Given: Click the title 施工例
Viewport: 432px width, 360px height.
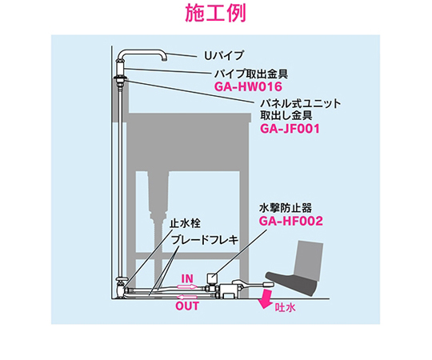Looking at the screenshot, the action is tap(215, 14).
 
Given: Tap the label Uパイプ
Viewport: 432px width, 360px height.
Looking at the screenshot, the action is tap(224, 56).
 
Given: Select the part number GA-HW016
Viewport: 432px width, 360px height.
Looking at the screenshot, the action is tap(248, 86).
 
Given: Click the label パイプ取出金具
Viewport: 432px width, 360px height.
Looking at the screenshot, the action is tap(251, 74).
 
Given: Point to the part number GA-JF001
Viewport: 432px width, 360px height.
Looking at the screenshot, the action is tap(290, 128).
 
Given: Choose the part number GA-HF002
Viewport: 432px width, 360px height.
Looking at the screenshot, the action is tap(290, 221).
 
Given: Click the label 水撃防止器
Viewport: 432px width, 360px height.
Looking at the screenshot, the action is tap(285, 208).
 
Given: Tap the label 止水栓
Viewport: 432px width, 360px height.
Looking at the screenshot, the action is tap(185, 223).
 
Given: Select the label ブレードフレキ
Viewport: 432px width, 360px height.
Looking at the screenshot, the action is tap(205, 240).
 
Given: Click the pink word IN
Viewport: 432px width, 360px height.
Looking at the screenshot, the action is tap(187, 278).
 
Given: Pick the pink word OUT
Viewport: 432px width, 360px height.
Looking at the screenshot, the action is tap(187, 306).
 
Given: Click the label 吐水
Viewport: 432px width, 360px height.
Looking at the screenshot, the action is tap(285, 308).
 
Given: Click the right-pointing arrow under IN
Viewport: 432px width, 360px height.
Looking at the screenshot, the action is tap(187, 286).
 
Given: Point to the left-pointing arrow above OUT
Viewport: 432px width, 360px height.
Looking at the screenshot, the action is tap(187, 297).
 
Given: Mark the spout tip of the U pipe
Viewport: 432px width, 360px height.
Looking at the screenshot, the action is tap(165, 58).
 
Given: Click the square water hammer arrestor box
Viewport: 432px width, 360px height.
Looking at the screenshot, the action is tap(211, 278).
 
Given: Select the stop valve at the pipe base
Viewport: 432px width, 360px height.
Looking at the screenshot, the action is tap(122, 288).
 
